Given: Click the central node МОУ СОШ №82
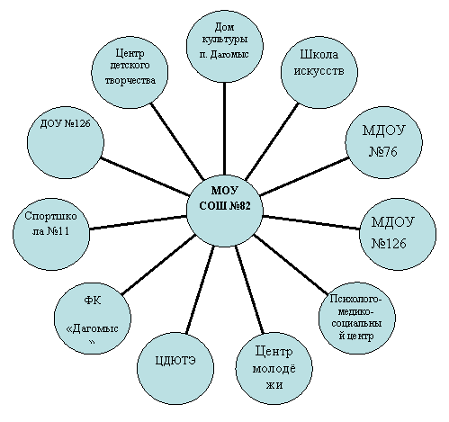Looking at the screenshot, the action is [224, 210].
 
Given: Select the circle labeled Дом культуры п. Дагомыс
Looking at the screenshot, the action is [224, 45].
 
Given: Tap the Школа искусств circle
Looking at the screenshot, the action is [319, 70].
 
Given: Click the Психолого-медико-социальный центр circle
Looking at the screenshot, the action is [356, 318].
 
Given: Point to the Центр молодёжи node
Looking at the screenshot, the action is [274, 368].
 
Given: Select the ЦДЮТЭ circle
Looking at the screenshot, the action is [175, 368].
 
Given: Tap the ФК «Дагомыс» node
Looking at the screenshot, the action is [93, 319].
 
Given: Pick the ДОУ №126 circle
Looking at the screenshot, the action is [66, 141].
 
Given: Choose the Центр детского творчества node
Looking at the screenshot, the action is [130, 70].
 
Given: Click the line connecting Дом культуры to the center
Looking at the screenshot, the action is [224, 128].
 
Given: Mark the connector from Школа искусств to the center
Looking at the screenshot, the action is [272, 142].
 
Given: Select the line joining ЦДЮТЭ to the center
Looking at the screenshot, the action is [200, 290].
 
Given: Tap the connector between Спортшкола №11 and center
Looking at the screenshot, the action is [138, 222].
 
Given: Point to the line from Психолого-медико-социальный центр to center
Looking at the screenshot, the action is [291, 264].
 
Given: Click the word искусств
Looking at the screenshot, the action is [319, 71].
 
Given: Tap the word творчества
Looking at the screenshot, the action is [130, 80].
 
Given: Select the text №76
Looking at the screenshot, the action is [383, 152].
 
